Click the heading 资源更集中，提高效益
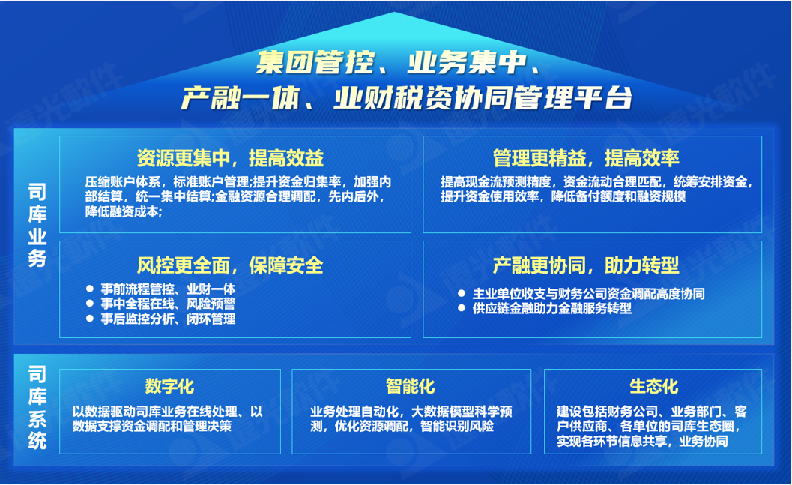coord(230,158)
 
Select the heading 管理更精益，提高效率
coord(586,158)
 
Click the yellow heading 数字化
coord(169,386)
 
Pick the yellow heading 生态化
coord(654,386)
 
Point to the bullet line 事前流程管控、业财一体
coord(169,289)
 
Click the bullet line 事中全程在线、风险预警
coord(169,304)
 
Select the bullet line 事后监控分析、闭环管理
coord(169,319)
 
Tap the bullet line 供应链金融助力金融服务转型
coord(552,308)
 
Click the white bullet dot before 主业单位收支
coord(462,294)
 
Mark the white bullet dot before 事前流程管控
coord(90,289)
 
